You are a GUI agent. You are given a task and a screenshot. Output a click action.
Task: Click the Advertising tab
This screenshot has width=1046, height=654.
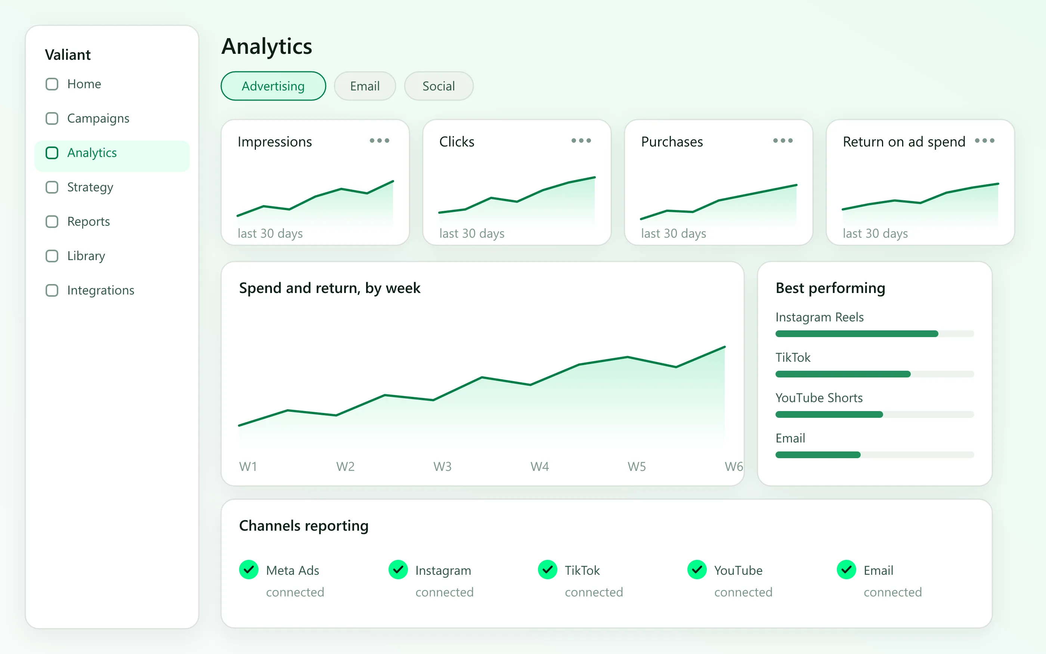tap(273, 86)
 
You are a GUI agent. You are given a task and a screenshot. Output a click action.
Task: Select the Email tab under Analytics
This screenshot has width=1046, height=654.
tap(365, 86)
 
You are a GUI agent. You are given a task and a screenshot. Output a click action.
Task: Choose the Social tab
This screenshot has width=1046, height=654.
tap(438, 86)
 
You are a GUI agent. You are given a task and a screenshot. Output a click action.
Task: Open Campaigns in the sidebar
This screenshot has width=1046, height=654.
tap(98, 118)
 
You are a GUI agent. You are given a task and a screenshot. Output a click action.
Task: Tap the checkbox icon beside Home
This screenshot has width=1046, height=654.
tap(52, 84)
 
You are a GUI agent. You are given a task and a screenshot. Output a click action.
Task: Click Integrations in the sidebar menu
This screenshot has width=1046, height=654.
tap(101, 290)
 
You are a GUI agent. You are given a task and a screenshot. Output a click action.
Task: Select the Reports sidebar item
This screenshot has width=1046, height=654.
tap(89, 222)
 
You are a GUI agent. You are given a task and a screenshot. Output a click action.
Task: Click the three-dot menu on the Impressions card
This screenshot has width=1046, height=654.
tap(380, 141)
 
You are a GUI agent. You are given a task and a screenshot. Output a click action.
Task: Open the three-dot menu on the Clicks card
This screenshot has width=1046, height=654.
tap(581, 141)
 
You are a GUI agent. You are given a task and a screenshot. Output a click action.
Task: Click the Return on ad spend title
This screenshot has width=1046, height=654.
tap(904, 142)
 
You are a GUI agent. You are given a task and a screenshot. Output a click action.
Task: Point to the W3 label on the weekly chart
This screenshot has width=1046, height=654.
tap(442, 466)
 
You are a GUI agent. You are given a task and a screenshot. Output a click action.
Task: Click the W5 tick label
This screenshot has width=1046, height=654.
tap(637, 466)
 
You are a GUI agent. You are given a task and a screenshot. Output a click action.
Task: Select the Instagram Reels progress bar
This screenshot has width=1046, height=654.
tap(875, 333)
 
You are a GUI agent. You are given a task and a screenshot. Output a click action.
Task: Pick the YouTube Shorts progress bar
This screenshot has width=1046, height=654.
tap(875, 414)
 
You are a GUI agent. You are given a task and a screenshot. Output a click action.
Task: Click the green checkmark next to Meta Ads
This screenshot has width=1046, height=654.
tap(248, 570)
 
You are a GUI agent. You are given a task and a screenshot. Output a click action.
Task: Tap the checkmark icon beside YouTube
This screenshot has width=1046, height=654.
tap(697, 570)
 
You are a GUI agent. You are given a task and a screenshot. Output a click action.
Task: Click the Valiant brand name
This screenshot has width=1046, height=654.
tap(68, 55)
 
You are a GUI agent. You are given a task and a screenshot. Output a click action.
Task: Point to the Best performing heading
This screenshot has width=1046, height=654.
tap(830, 288)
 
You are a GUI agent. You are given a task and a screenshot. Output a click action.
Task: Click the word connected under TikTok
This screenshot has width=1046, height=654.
tap(594, 592)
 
